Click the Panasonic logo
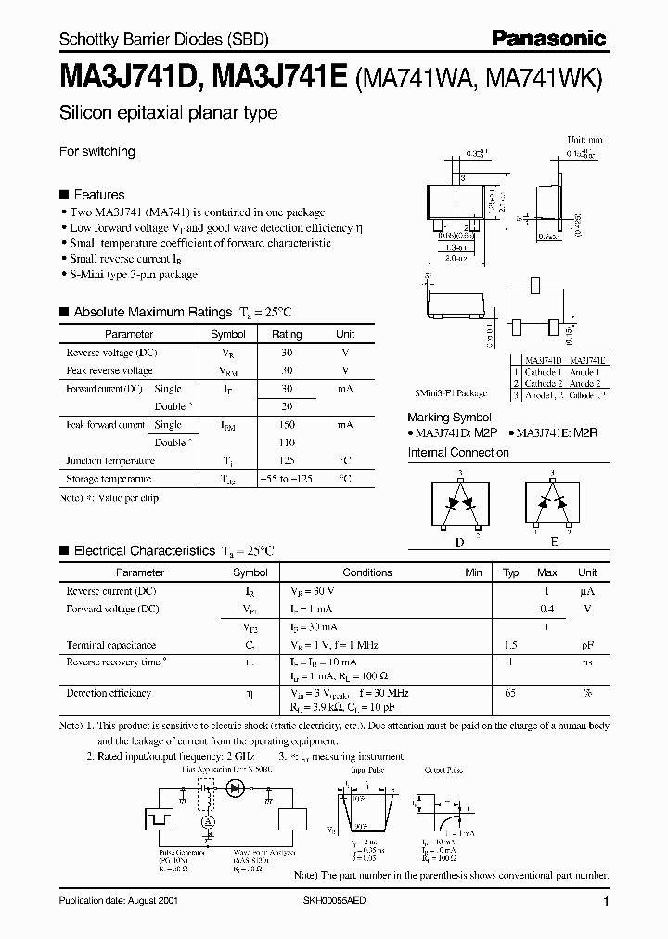click(549, 38)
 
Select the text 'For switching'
click(97, 151)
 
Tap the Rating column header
click(287, 334)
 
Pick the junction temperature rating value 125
click(287, 460)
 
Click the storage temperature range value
click(287, 479)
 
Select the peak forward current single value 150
click(287, 424)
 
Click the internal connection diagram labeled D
click(460, 506)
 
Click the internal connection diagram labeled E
click(554, 506)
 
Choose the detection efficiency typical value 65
click(509, 693)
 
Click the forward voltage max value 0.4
click(547, 609)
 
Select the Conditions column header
click(367, 572)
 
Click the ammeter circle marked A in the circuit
click(209, 821)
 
